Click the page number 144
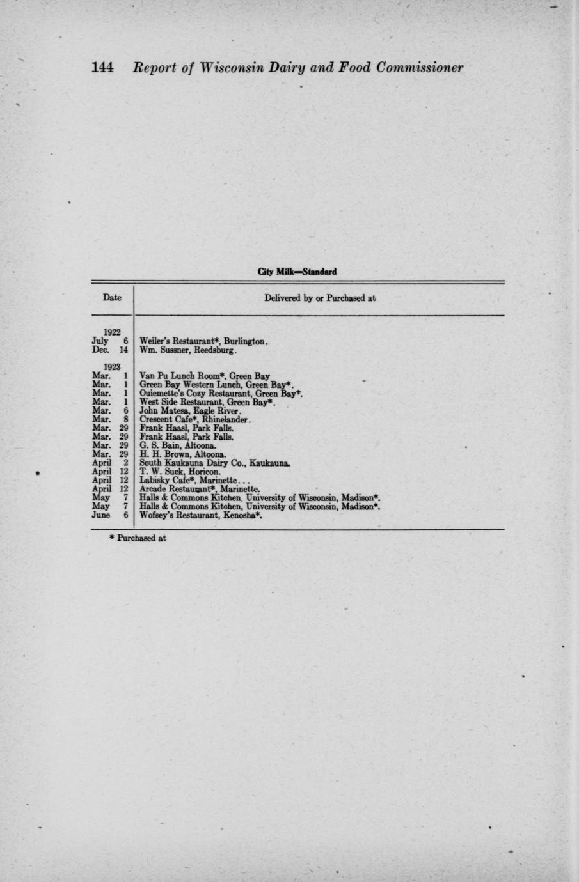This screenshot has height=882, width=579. (102, 67)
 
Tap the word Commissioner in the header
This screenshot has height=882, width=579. (419, 68)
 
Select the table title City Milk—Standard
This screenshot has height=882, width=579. (297, 272)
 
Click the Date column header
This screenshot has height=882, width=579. (112, 297)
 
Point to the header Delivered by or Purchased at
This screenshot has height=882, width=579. (319, 298)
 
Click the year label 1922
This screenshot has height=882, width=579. (112, 332)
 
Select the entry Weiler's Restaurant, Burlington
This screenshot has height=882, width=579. (203, 341)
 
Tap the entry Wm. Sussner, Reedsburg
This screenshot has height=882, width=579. (189, 350)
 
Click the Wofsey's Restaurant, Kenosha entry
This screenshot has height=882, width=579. (201, 514)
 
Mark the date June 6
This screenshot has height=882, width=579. (111, 514)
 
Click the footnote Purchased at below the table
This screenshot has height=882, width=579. (139, 538)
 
